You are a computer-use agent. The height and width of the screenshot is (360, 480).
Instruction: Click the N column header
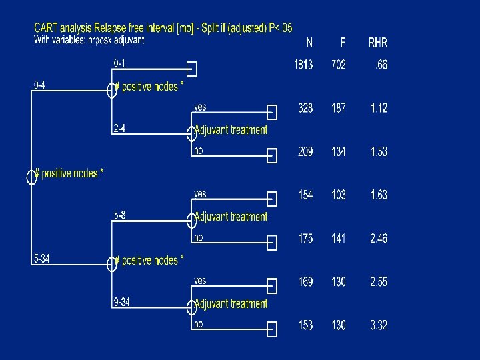pos(309,43)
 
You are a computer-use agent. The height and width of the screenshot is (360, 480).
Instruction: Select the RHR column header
pos(378,43)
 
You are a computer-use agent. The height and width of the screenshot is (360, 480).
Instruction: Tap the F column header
pos(343,43)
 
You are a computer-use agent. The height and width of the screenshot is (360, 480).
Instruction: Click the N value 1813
pos(303,65)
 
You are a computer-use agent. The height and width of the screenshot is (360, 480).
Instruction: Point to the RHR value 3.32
pos(379,325)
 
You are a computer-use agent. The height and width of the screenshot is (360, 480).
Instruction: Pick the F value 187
pos(339,109)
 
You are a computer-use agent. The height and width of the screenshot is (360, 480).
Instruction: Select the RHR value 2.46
pos(379,239)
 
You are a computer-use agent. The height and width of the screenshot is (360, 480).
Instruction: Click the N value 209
pos(305,152)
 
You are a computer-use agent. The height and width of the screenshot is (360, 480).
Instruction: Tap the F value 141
pos(339,239)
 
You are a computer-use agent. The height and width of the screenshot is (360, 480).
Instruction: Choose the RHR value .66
pos(381,65)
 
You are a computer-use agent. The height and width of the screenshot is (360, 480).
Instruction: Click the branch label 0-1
pos(121,63)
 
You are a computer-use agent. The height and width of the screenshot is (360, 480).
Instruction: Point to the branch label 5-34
pos(41,258)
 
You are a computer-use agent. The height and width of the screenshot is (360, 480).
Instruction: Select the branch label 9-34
pos(121,302)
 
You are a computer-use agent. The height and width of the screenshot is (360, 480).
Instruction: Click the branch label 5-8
pos(119,215)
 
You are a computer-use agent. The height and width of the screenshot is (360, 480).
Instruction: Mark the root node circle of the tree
pos(31,176)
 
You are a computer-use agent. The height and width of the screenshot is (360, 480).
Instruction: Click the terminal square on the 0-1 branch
pos(192,69)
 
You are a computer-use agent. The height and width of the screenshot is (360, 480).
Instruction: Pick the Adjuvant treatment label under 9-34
pos(231,304)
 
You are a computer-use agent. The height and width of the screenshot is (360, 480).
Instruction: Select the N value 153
pos(305,325)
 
